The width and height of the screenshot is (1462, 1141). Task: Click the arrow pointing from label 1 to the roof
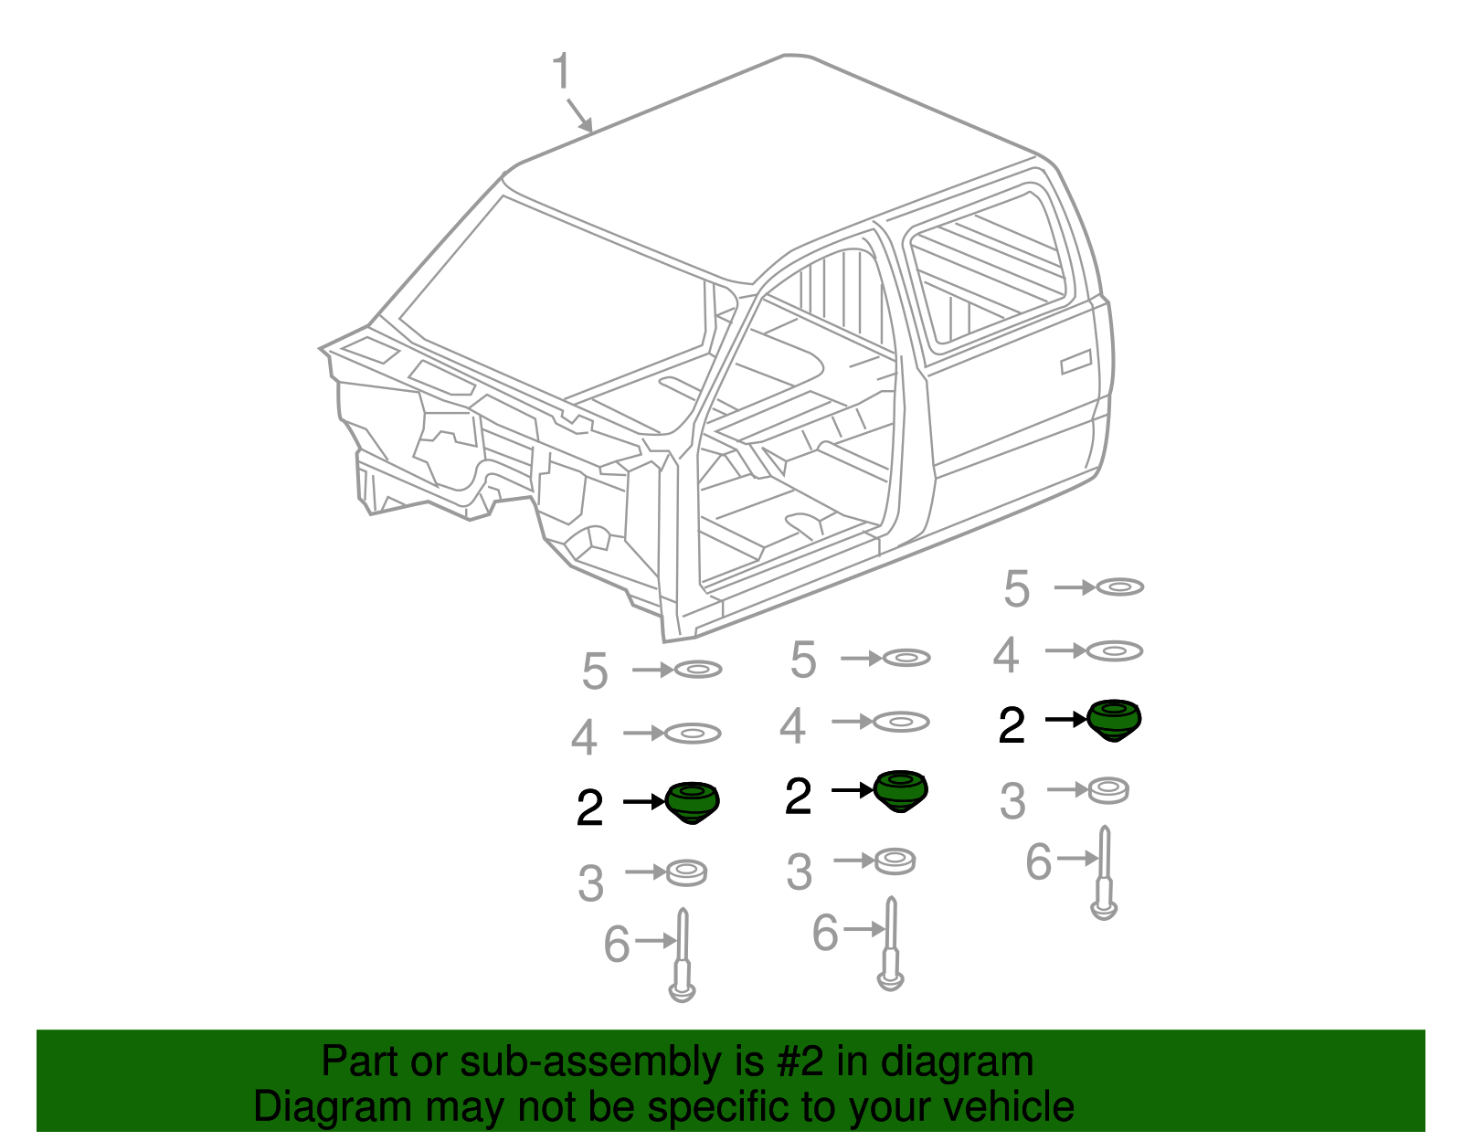[579, 114]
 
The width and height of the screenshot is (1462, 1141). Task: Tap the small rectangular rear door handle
[1075, 363]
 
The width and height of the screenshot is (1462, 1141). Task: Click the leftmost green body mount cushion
[692, 801]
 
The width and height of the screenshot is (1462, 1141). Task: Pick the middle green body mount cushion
[900, 789]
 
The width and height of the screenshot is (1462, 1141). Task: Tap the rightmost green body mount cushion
[1115, 719]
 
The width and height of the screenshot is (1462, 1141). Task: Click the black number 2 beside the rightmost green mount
[1012, 726]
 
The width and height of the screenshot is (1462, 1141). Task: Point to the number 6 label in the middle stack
[824, 933]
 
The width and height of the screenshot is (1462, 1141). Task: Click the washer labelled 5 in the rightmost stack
[1119, 586]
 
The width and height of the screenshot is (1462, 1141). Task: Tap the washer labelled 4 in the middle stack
[901, 722]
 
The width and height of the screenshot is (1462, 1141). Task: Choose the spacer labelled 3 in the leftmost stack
[686, 872]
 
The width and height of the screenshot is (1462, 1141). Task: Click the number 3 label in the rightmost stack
[1012, 801]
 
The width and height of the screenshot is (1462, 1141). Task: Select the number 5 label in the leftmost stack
[594, 671]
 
